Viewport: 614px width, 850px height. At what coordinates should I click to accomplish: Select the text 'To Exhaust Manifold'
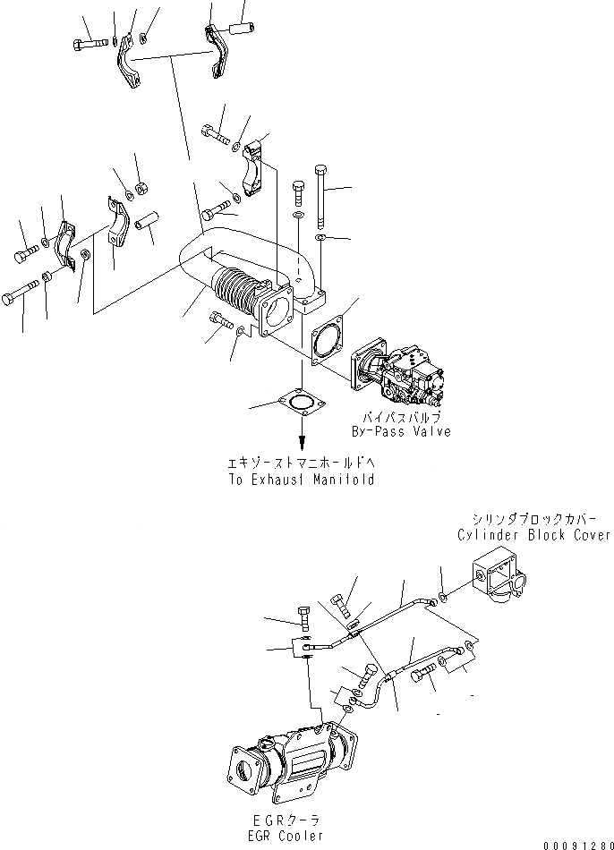[301, 480]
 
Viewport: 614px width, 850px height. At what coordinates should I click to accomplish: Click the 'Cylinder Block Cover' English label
[534, 535]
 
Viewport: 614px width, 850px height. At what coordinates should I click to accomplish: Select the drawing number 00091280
[576, 842]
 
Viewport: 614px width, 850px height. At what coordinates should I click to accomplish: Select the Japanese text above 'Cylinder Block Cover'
[535, 520]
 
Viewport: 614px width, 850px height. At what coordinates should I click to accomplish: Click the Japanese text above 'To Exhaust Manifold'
[301, 464]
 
